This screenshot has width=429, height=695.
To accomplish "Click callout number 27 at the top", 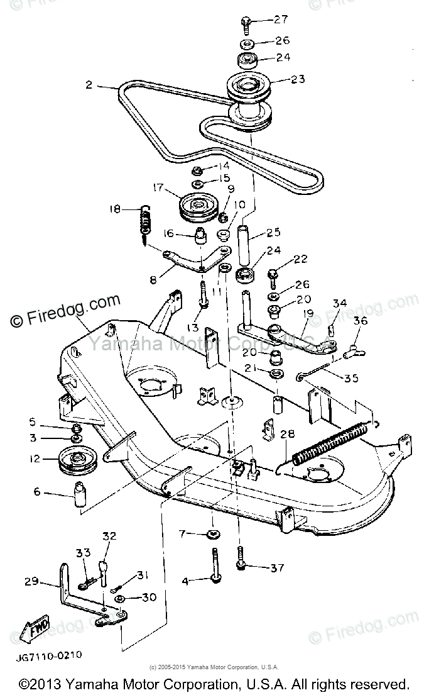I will click(x=280, y=19).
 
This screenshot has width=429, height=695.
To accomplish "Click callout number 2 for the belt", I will click(x=90, y=84).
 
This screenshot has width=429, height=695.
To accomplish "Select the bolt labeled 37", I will click(x=241, y=558).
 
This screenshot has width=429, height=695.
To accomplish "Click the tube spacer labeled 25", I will click(x=245, y=244).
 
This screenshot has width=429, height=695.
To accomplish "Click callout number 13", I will click(x=192, y=328).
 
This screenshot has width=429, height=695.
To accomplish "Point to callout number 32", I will click(x=109, y=537).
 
